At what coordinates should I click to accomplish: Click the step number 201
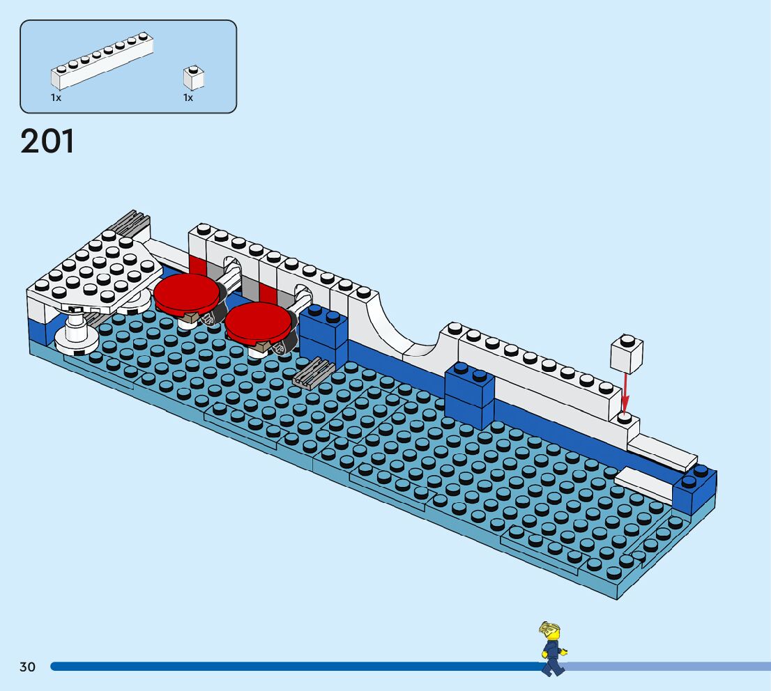tap(47, 141)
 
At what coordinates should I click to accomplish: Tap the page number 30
tap(27, 667)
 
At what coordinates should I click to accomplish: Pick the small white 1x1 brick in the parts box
tap(194, 77)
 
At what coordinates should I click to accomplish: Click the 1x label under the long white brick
tap(56, 98)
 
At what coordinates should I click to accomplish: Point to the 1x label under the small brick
tap(188, 98)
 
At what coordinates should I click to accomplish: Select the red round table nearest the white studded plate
tap(186, 293)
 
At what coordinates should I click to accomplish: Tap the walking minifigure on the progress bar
tap(552, 649)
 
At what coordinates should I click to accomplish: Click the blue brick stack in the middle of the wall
tap(469, 394)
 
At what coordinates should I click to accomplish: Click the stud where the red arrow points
tap(625, 418)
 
